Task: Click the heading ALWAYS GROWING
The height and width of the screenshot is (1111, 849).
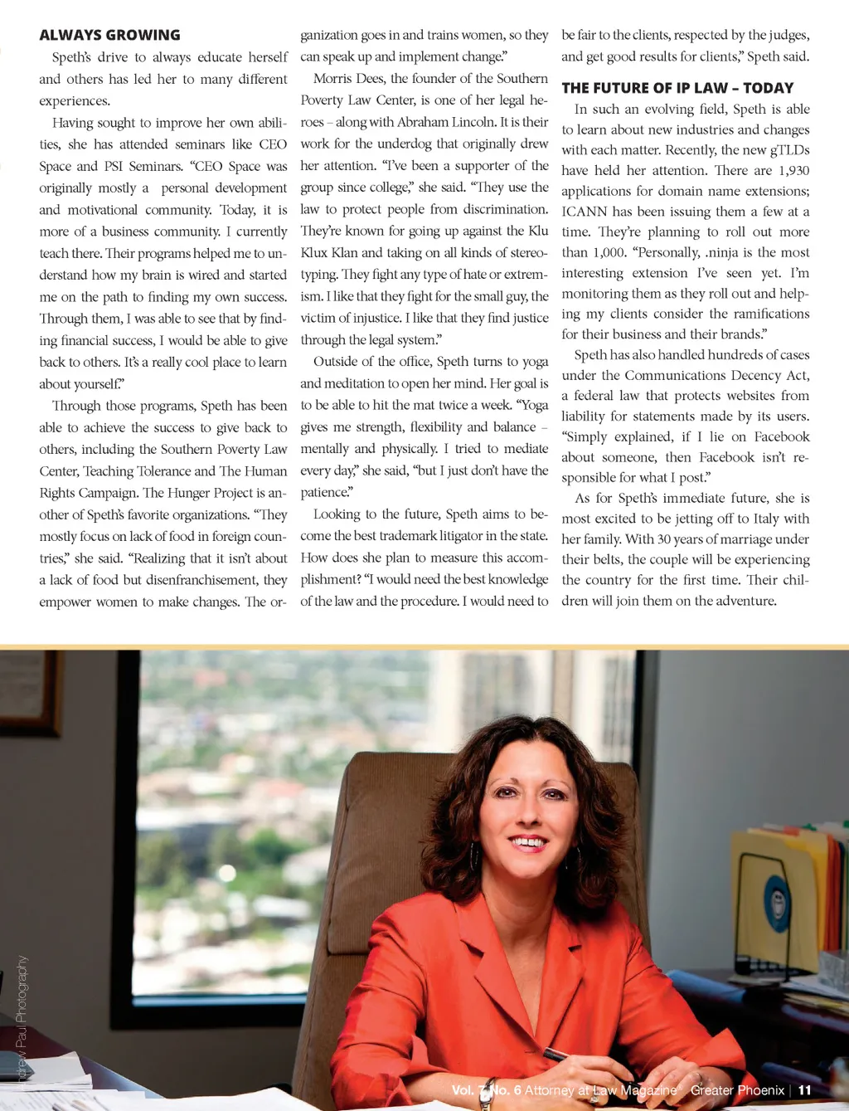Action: [109, 35]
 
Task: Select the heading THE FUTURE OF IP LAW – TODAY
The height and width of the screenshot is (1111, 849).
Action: [677, 88]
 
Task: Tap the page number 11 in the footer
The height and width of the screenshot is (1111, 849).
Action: [804, 1090]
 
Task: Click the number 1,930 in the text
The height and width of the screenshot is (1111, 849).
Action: [793, 170]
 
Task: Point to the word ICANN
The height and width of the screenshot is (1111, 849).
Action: [584, 212]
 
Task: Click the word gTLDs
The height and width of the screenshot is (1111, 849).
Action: [789, 150]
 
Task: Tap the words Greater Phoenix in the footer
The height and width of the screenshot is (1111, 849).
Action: [737, 1090]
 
